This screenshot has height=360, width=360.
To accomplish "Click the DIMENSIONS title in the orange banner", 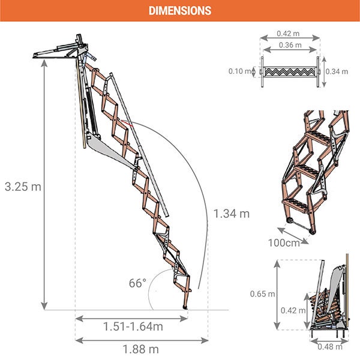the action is pyautogui.click(x=180, y=11).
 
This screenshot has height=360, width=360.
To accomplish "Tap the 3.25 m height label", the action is pyautogui.click(x=23, y=187).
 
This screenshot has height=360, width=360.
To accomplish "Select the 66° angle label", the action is pyautogui.click(x=137, y=283).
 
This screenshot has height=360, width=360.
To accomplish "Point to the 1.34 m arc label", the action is pyautogui.click(x=232, y=214).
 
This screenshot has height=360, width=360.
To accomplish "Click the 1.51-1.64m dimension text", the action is pyautogui.click(x=133, y=326).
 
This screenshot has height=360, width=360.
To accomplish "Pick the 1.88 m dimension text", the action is pyautogui.click(x=141, y=349).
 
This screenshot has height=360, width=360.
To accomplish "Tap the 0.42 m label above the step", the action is pyautogui.click(x=288, y=34).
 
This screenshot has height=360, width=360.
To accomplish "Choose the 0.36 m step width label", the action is pyautogui.click(x=290, y=45).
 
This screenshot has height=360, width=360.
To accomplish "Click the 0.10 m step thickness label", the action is pyautogui.click(x=239, y=71).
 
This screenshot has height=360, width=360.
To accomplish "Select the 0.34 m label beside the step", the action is pyautogui.click(x=337, y=71).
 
